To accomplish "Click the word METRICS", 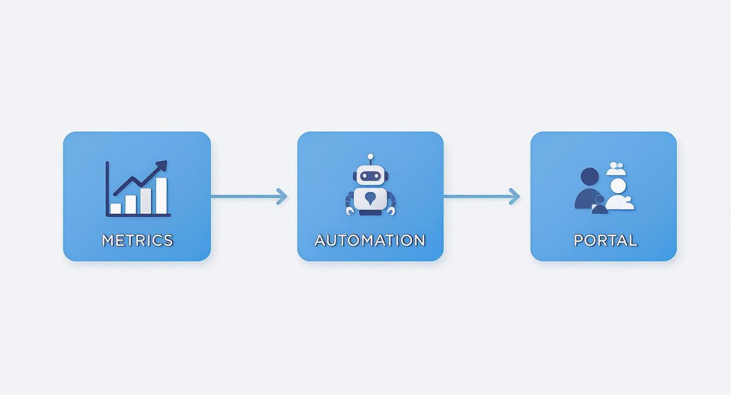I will tap(137, 240).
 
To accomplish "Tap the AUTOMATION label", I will tap(370, 240).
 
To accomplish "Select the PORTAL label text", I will tap(605, 240).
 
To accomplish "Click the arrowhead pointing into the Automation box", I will tap(283, 196).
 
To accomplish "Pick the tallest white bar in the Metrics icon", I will tap(161, 195).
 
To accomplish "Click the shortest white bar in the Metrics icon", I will tap(116, 208).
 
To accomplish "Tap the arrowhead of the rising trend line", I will tap(162, 165).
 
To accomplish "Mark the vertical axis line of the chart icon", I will tap(107, 188).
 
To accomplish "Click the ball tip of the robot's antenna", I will tap(370, 157).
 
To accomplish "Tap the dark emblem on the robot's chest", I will tap(370, 198).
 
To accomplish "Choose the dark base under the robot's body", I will tap(370, 212).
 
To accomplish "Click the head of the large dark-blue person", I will tap(589, 176).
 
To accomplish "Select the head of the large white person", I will tap(618, 186).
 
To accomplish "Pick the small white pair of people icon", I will tap(617, 169).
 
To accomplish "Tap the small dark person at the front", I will tap(599, 205).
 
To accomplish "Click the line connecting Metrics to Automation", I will tap(244, 196).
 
